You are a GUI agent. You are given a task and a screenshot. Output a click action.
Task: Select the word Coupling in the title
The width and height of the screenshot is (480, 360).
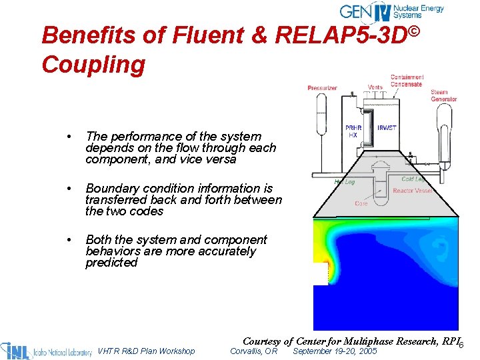coord(93,65)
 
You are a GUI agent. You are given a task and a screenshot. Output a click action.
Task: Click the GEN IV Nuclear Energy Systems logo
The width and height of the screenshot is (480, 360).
coord(391,11)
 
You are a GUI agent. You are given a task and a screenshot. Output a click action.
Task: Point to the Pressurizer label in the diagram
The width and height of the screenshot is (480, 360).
coord(322,87)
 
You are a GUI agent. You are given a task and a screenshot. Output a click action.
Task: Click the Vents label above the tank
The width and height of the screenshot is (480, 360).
coord(375,87)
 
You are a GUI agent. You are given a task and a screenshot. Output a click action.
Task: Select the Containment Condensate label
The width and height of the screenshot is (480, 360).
coord(406,81)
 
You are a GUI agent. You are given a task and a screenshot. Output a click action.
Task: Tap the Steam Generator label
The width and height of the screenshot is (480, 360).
coord(443,96)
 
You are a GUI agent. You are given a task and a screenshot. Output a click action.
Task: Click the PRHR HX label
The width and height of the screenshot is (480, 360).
coord(353,131)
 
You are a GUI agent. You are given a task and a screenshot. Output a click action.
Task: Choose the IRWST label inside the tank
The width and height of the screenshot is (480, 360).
coord(387,128)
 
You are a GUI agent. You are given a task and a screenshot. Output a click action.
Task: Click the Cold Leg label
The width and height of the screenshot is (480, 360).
coord(413,179)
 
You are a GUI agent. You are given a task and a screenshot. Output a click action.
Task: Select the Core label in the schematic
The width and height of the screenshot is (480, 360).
coord(361,203)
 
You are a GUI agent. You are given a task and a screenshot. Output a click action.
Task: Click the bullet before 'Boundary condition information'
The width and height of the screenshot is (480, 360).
coord(69,189)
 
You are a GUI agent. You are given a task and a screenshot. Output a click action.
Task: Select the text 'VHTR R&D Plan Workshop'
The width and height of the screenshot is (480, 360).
coord(147,351)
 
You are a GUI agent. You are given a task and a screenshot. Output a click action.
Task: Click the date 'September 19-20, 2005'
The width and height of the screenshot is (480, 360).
coord(335,351)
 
